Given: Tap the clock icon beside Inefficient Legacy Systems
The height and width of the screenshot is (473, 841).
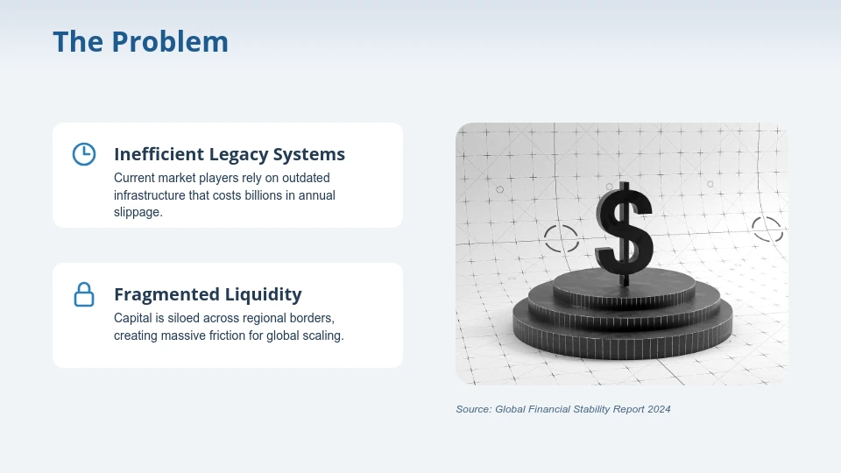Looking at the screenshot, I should pyautogui.click(x=83, y=154).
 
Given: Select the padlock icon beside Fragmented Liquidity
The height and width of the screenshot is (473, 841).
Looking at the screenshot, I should pyautogui.click(x=83, y=294).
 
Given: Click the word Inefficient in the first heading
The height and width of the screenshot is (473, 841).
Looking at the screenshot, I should pyautogui.click(x=159, y=154).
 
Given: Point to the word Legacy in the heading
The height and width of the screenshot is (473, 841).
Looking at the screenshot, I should pyautogui.click(x=238, y=155).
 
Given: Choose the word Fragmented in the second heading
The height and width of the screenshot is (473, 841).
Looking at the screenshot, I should pyautogui.click(x=164, y=294).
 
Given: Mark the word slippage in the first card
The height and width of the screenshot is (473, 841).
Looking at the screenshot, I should pyautogui.click(x=138, y=213).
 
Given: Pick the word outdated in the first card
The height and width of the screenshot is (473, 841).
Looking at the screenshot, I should pyautogui.click(x=305, y=178).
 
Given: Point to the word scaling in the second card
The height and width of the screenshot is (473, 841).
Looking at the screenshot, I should pyautogui.click(x=322, y=335).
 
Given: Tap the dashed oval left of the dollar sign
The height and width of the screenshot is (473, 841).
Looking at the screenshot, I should pyautogui.click(x=562, y=236).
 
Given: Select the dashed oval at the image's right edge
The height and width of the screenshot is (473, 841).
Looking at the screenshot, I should pyautogui.click(x=767, y=229).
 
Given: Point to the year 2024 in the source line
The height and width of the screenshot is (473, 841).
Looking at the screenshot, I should pyautogui.click(x=658, y=409).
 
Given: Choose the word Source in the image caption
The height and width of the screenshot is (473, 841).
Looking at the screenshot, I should pyautogui.click(x=473, y=409).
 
